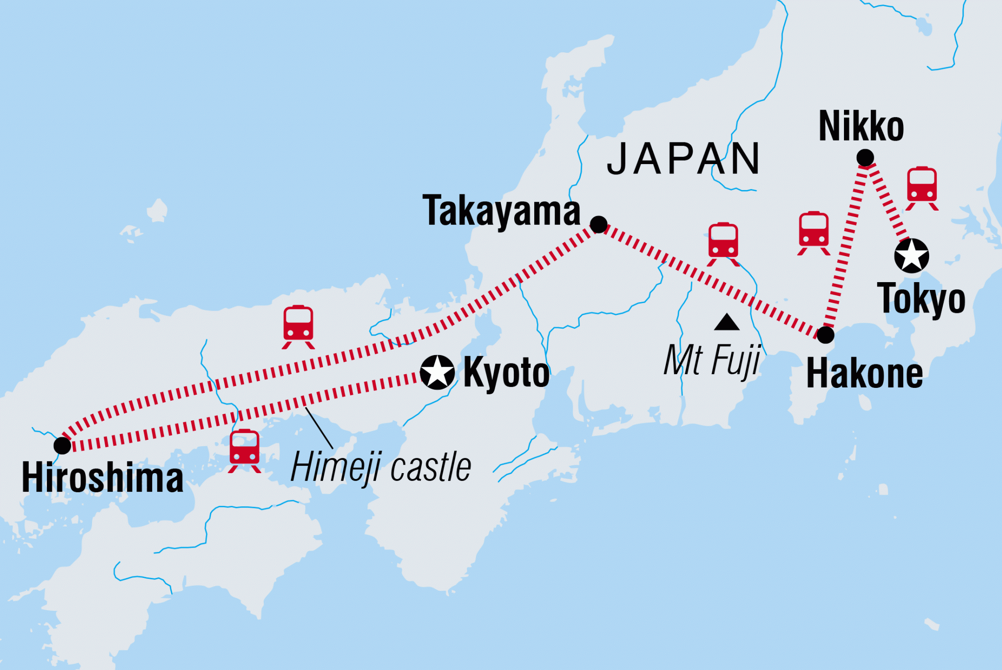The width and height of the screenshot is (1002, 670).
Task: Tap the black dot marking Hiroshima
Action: [63, 445]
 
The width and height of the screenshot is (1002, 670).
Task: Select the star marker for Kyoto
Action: [437, 372]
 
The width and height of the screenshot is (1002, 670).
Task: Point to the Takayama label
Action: [501, 211]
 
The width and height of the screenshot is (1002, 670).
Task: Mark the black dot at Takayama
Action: [598, 225]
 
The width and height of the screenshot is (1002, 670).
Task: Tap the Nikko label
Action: [861, 126]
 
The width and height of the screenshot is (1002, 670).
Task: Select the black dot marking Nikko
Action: [865, 158]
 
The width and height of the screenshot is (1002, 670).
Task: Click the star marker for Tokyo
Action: [911, 256]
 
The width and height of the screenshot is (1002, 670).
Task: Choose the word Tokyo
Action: [921, 299]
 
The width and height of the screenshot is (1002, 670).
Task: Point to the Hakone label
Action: [865, 374]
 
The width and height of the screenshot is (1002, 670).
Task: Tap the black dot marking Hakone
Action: [825, 335]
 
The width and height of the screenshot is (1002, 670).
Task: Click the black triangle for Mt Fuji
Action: [727, 323]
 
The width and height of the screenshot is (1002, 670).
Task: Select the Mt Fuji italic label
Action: [712, 360]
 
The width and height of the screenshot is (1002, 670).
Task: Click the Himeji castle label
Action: [381, 467]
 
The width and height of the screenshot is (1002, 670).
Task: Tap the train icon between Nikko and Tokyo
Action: [922, 188]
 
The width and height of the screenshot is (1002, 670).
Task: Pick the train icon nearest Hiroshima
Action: [244, 450]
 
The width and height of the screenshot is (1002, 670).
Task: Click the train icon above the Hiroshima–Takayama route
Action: [298, 326]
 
